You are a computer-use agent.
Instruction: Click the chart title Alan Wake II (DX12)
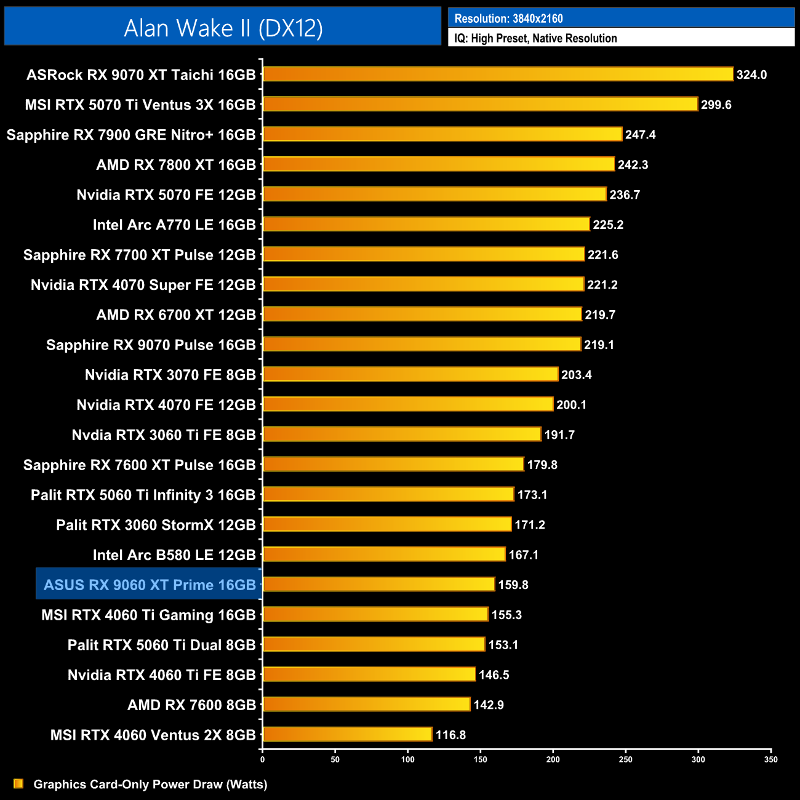(x=223, y=28)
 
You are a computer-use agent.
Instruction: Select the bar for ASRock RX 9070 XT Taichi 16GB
(x=498, y=74)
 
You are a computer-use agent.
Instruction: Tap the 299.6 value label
(x=716, y=105)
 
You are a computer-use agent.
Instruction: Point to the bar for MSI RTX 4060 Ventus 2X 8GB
(x=348, y=734)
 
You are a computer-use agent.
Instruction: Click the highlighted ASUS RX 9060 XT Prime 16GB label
(x=150, y=585)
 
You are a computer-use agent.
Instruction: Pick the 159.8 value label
(x=513, y=585)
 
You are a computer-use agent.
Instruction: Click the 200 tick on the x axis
(x=553, y=759)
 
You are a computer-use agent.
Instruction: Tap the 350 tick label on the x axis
(x=771, y=759)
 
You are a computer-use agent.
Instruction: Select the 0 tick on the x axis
(x=263, y=759)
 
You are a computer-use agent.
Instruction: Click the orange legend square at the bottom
(x=18, y=783)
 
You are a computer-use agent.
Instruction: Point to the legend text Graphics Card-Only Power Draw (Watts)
(x=150, y=784)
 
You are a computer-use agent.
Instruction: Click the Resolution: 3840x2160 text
(x=508, y=18)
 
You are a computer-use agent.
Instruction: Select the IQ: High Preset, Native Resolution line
(x=535, y=38)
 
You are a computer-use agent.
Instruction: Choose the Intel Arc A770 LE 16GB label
(x=174, y=225)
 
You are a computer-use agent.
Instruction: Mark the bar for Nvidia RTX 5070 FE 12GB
(x=434, y=194)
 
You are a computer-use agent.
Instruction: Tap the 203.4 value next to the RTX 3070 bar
(x=576, y=375)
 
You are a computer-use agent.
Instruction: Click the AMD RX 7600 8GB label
(x=191, y=705)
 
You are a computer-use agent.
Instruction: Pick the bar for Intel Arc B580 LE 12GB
(x=384, y=554)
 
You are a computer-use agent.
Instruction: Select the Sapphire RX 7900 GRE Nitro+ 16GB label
(x=131, y=135)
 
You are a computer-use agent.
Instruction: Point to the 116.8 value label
(x=450, y=735)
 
